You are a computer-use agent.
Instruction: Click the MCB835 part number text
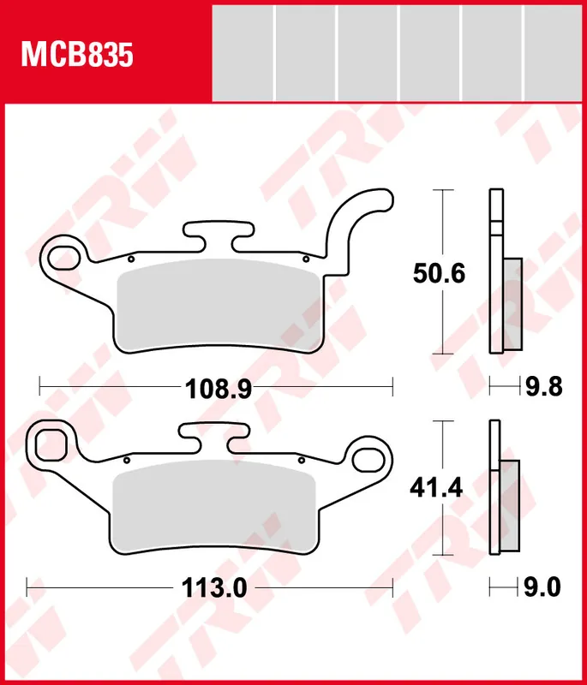pyautogui.click(x=77, y=55)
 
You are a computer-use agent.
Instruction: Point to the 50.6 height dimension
pyautogui.click(x=438, y=274)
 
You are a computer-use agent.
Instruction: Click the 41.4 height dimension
pyautogui.click(x=438, y=488)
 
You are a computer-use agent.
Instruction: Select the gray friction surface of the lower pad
pyautogui.click(x=213, y=505)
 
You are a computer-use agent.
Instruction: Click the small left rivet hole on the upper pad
pyautogui.click(x=129, y=257)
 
